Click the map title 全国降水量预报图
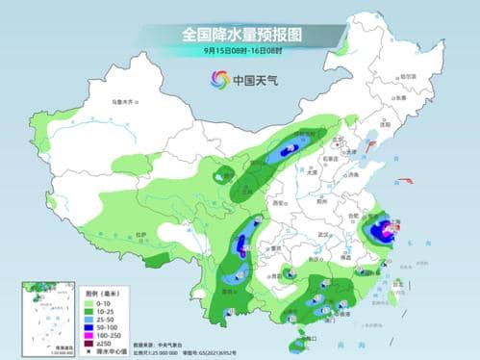240,34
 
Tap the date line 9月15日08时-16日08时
240,50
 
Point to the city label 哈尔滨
409,76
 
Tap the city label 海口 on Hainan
309,334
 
